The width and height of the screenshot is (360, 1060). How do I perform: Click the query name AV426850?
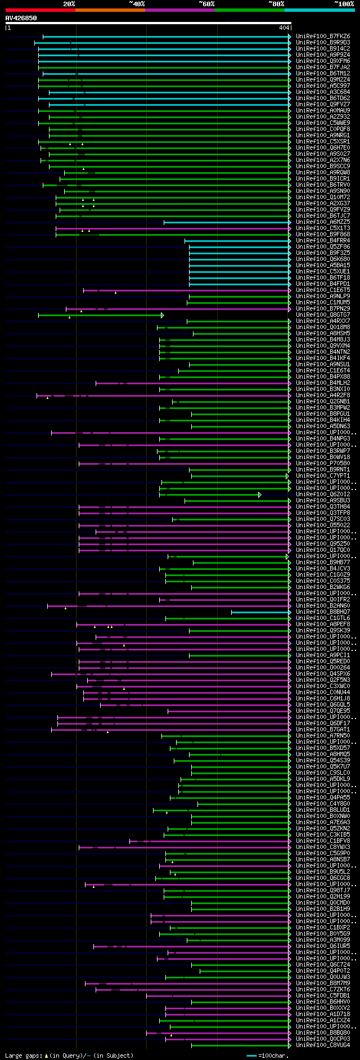pos(21,18)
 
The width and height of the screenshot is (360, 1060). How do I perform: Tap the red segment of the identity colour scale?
pos(40,10)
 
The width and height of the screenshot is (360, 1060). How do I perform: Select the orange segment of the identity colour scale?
pos(110,10)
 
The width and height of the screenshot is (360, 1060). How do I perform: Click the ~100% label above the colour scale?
pos(344,4)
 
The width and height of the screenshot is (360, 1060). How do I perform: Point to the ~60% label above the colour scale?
pos(206,4)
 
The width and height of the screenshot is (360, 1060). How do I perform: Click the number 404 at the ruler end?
pos(284,28)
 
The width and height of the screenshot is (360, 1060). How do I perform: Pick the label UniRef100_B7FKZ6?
pos(323,37)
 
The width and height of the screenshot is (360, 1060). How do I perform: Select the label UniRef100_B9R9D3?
pos(323,43)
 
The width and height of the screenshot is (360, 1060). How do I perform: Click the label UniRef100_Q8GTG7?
pos(323,315)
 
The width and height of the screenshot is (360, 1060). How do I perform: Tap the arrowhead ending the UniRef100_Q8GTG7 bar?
pos(163,315)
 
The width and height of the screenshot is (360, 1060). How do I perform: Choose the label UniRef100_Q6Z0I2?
pos(323,495)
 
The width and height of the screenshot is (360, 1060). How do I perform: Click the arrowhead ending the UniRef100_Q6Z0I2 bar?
pos(260,495)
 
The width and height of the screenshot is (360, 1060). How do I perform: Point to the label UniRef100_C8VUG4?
pos(323,1045)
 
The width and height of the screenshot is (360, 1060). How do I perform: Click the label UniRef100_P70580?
pos(323,464)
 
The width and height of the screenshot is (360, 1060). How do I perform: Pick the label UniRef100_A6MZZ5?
pos(323,222)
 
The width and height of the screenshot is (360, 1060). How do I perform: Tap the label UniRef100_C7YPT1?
pos(323,476)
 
